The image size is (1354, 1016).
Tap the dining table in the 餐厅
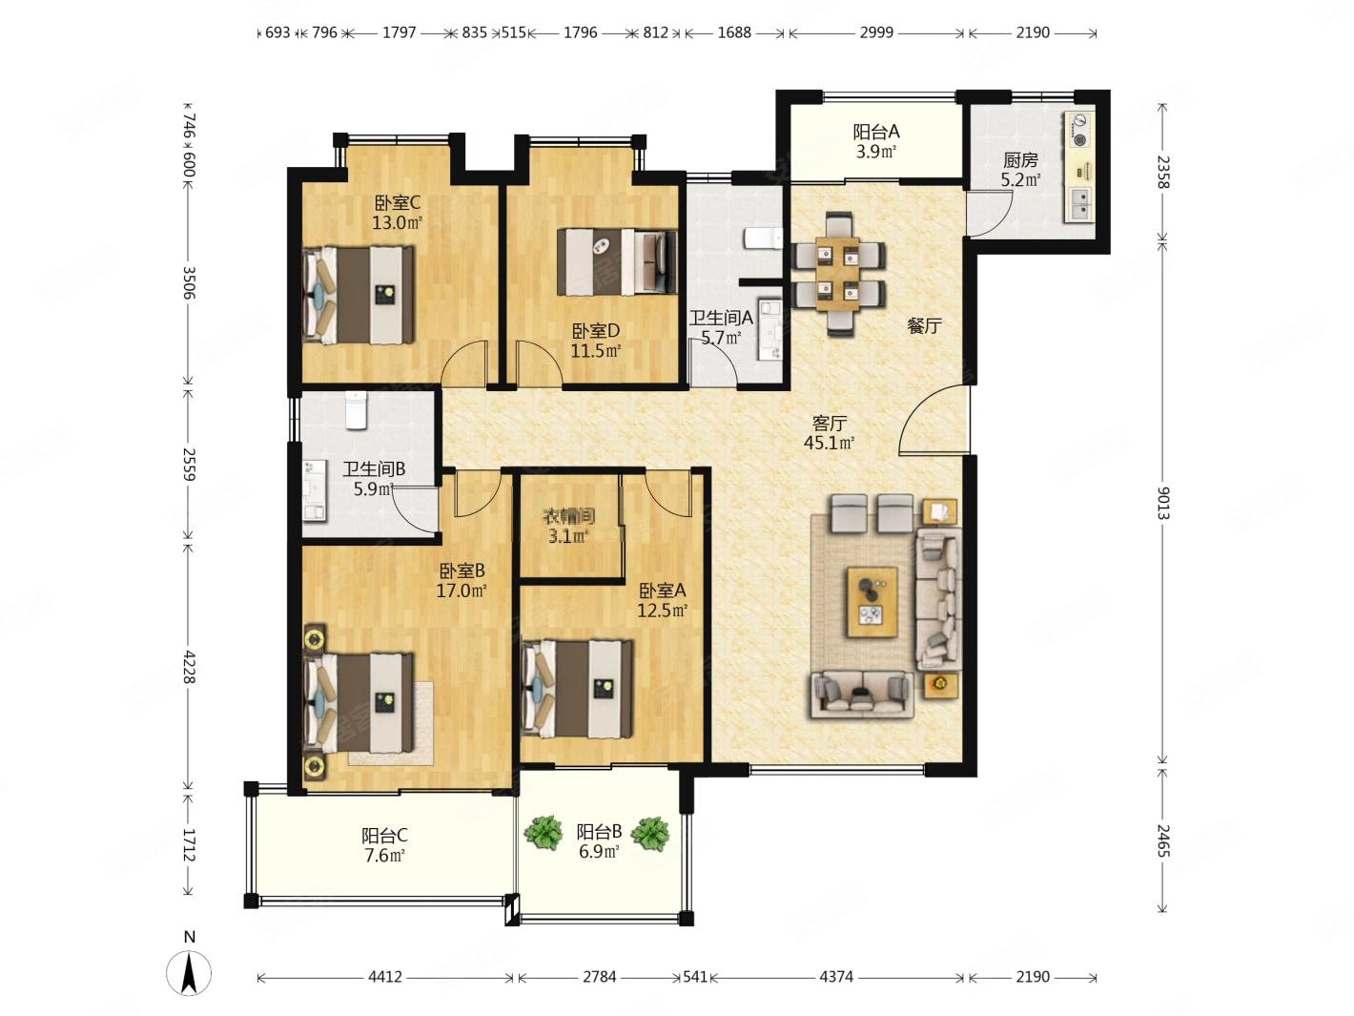pyautogui.click(x=837, y=274)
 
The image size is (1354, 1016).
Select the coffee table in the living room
pyautogui.click(x=872, y=602)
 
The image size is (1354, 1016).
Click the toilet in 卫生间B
pyautogui.click(x=356, y=409)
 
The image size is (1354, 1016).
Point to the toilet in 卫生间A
pyautogui.click(x=763, y=238)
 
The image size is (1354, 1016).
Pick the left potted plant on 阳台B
pyautogui.click(x=543, y=832)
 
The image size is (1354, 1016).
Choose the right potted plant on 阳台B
pyautogui.click(x=649, y=834)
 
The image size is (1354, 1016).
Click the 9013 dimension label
pyautogui.click(x=1162, y=503)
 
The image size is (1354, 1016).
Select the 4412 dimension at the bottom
pyautogui.click(x=385, y=977)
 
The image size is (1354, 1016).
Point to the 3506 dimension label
pyautogui.click(x=189, y=282)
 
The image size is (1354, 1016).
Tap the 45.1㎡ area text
pyautogui.click(x=829, y=443)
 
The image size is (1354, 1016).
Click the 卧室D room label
pyautogui.click(x=595, y=331)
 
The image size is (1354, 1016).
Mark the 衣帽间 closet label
pyautogui.click(x=568, y=516)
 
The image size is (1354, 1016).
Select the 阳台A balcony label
pyautogui.click(x=876, y=132)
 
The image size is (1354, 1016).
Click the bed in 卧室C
pyautogui.click(x=359, y=295)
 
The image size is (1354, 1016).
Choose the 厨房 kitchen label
pyautogui.click(x=1020, y=159)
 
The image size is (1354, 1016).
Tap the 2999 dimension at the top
pyautogui.click(x=876, y=32)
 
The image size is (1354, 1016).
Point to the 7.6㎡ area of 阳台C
pyautogui.click(x=384, y=856)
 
